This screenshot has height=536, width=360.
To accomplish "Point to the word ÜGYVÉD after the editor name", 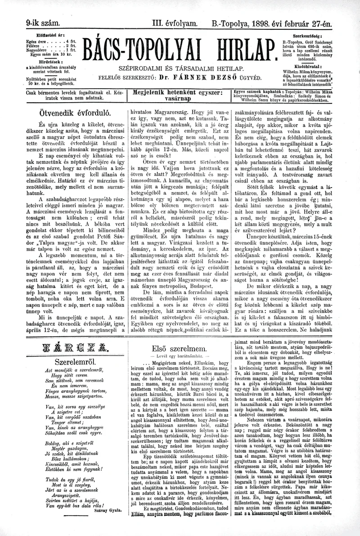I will pyautogui.click(x=247, y=77).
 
